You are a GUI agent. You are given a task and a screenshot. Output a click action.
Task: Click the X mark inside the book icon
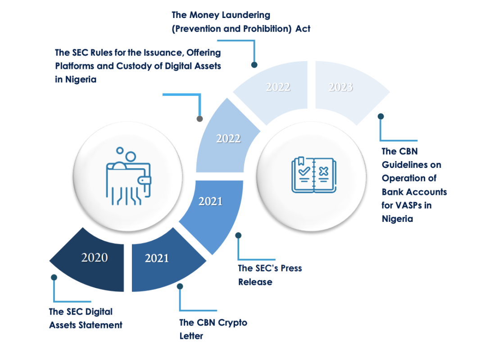[x=323, y=171]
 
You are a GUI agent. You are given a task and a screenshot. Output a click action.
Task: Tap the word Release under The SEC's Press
[x=255, y=282]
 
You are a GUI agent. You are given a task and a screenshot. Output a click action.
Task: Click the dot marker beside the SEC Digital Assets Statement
[x=54, y=277]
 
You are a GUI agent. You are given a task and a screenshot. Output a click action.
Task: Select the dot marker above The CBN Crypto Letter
[x=180, y=286]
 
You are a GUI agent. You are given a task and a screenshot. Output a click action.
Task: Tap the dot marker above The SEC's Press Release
[x=238, y=235]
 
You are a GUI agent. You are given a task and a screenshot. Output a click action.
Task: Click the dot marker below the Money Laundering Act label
[x=254, y=65]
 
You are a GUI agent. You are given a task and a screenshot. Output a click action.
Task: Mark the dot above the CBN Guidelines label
[x=381, y=116]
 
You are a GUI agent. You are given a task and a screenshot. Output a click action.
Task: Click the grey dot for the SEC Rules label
[x=200, y=119]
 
